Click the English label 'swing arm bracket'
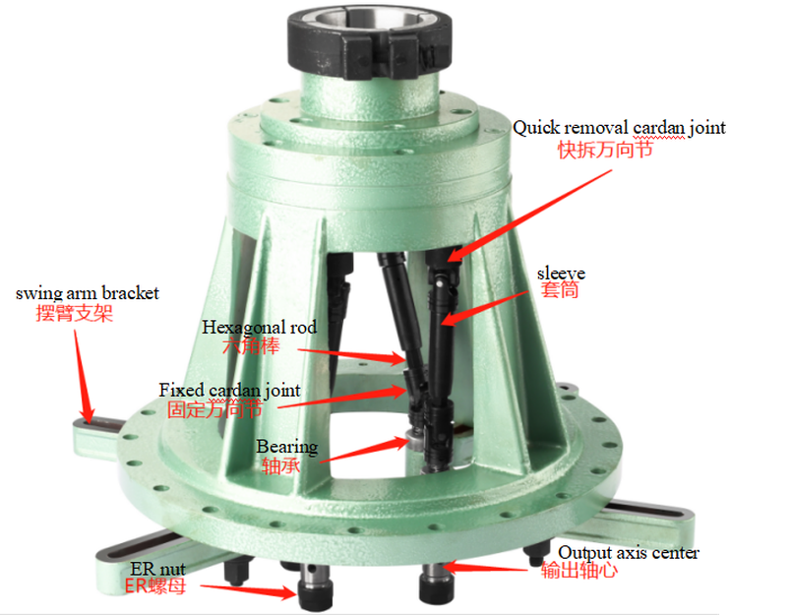coord(88,293)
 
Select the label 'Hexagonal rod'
coord(259,327)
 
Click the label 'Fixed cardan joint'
coord(229,391)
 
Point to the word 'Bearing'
coord(286,447)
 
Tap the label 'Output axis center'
coord(629,552)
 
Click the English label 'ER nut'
coord(157,568)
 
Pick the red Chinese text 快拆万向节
coord(605,150)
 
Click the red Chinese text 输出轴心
coord(579,571)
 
